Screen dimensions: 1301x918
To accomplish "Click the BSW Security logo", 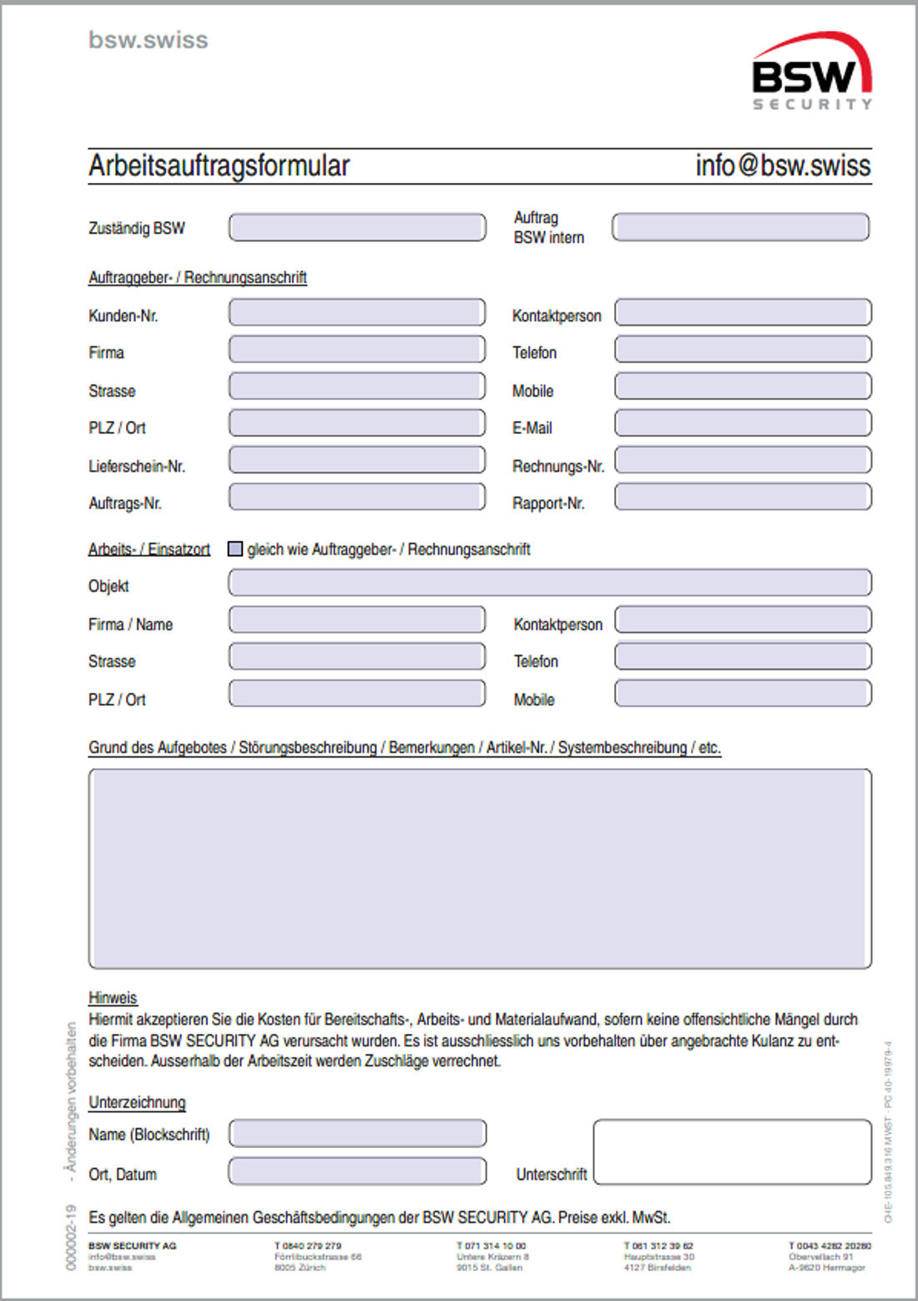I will tap(811, 72).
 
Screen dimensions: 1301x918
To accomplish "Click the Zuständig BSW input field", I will tap(357, 228).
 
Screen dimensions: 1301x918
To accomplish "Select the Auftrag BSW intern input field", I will tap(740, 227).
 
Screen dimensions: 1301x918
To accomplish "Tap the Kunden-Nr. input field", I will tap(357, 313).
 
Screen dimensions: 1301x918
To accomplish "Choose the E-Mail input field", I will tap(743, 423).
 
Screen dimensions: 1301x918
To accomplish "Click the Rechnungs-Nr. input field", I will tap(743, 460).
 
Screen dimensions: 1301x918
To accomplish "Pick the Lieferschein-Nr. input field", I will tap(357, 460).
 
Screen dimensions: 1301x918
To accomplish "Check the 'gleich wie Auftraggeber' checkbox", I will tap(235, 549).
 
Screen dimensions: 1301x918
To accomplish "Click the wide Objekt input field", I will tap(550, 582).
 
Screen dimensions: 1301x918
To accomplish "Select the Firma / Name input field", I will tap(357, 620).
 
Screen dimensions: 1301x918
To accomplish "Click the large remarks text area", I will tap(480, 868).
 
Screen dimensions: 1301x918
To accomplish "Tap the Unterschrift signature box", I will tap(732, 1152).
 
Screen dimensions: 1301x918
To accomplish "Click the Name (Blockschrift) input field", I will tap(357, 1133).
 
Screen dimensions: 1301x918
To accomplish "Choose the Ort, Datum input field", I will tap(357, 1172).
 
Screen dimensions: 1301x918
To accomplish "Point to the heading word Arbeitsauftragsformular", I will tap(219, 165).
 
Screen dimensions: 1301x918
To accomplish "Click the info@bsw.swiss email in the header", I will tap(783, 165).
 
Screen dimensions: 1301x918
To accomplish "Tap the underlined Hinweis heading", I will tap(113, 998).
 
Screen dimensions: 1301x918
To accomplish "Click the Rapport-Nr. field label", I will tap(548, 504).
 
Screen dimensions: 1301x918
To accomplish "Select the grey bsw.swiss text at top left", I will tap(149, 40).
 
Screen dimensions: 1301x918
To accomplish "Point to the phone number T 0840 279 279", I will tap(308, 1245).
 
